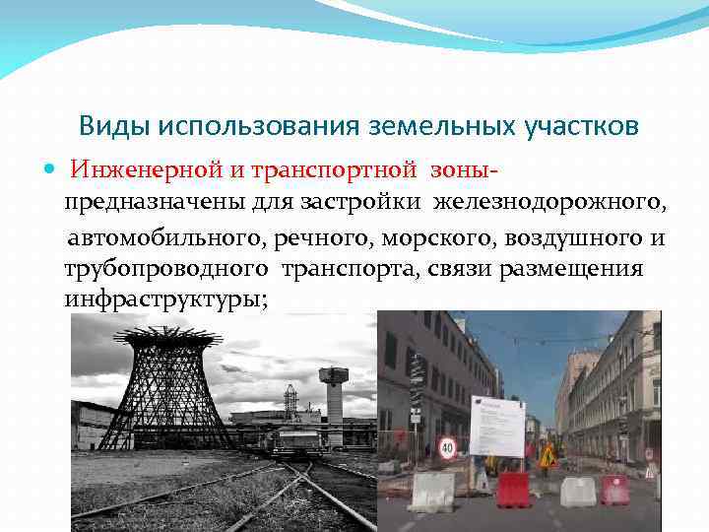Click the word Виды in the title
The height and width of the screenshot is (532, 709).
109,127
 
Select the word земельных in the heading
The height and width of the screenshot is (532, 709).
434,127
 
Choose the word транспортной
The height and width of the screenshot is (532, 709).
335,171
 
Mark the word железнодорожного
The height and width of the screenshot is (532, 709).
551,203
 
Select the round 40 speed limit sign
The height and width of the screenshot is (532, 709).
447,448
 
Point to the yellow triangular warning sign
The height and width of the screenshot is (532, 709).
548,456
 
